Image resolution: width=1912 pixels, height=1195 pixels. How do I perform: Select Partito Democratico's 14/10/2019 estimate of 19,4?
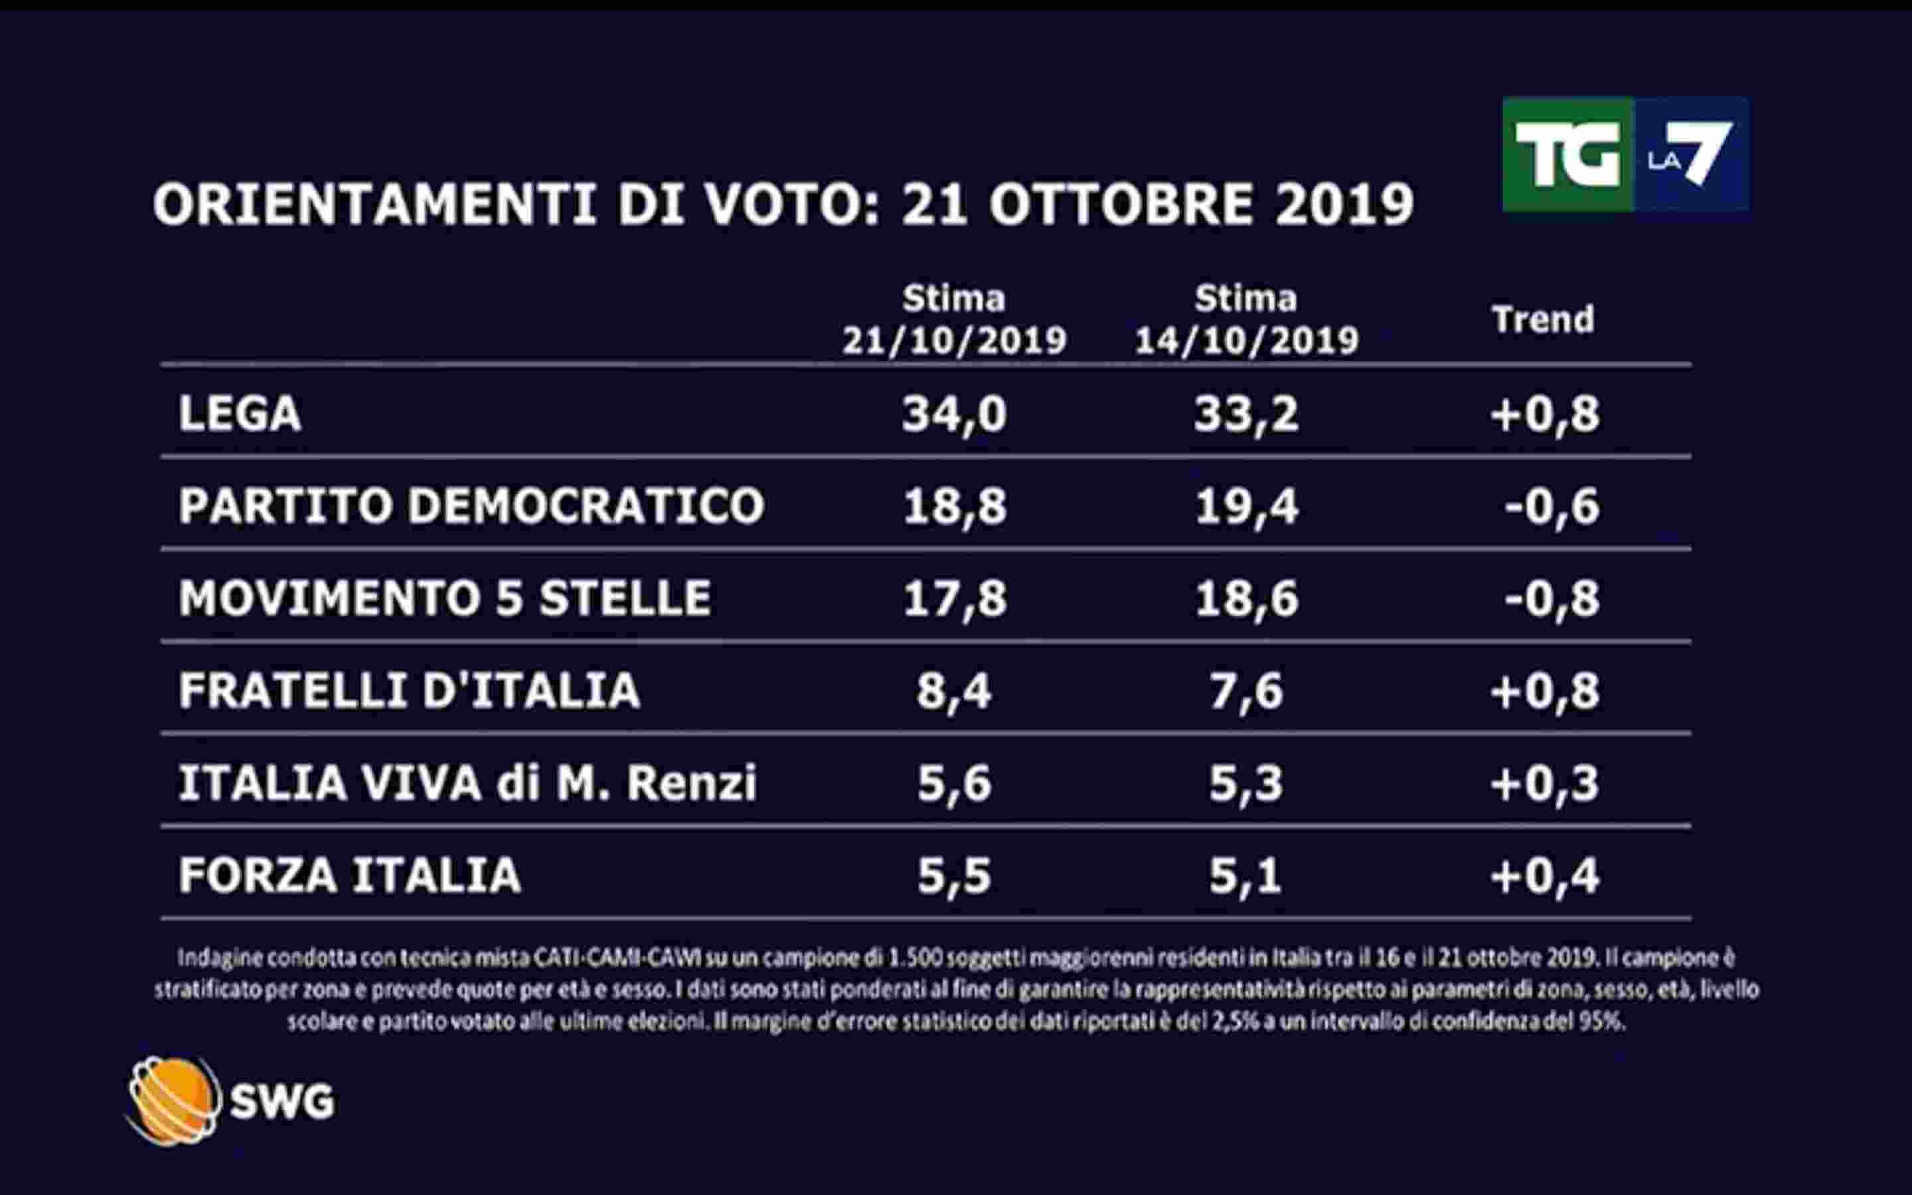tap(1246, 506)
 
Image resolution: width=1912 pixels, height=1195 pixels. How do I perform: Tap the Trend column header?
tap(1542, 319)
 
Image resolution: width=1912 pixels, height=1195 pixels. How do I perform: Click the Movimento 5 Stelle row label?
tap(444, 597)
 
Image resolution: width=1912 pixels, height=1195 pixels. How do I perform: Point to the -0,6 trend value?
tap(1552, 506)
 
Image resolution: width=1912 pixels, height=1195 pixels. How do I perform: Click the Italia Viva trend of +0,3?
tap(1545, 783)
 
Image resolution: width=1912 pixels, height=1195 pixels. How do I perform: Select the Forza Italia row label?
tap(349, 875)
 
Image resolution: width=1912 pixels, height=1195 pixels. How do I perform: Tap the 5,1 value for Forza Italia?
tap(1245, 876)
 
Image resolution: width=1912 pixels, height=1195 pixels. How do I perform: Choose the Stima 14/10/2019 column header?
tap(1246, 319)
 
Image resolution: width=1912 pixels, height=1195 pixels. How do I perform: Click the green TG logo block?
tap(1567, 155)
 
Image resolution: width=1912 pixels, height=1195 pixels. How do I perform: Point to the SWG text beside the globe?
tap(282, 1101)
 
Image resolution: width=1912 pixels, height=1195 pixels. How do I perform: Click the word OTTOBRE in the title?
tap(1121, 204)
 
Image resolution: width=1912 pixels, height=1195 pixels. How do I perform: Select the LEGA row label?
tap(240, 414)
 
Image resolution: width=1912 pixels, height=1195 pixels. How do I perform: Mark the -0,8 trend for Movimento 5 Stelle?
tap(1552, 598)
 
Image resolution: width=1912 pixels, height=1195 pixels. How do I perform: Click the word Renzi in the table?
tap(691, 783)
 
